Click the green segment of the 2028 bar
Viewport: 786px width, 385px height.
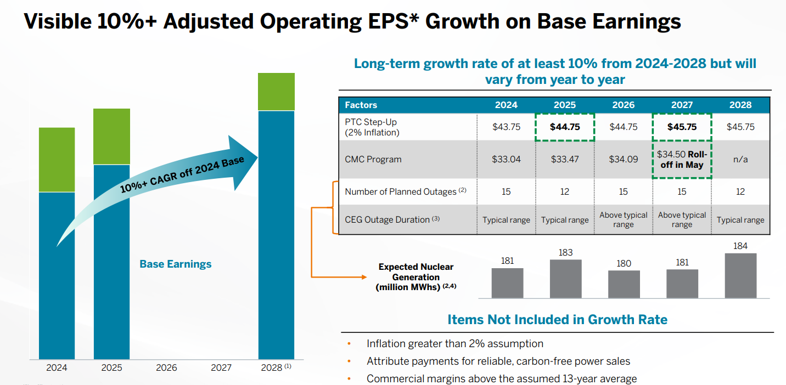coord(277,92)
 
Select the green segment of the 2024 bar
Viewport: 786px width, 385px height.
coord(57,160)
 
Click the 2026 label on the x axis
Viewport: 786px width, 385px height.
coord(166,367)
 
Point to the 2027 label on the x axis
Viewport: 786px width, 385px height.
coord(221,367)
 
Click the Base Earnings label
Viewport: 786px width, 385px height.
coord(175,264)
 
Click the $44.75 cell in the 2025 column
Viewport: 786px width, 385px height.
coord(565,127)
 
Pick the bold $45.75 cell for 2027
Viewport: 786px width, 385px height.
coord(682,127)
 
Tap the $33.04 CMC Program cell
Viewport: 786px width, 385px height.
coord(506,160)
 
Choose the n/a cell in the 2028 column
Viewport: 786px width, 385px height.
coord(740,160)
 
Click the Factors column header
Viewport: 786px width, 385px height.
coord(361,105)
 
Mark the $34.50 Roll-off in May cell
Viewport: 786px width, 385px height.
coord(682,160)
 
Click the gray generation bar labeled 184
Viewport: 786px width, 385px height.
coord(740,275)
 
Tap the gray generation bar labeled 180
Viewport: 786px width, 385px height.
coord(624,284)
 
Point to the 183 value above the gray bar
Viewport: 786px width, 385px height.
coord(565,252)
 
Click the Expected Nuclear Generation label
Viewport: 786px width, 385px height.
coord(416,277)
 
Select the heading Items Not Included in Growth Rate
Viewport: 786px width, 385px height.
coord(557,319)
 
